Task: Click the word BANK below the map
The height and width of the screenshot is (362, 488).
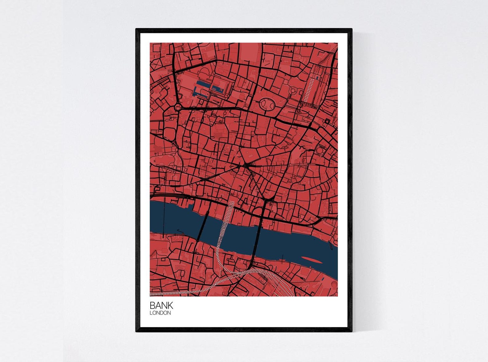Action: (161, 305)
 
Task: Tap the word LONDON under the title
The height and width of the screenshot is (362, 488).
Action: (160, 313)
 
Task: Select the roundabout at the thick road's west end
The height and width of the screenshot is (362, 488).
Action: (178, 107)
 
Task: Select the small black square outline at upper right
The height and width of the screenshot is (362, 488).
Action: (327, 121)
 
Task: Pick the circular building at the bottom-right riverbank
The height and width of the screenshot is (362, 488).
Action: (334, 284)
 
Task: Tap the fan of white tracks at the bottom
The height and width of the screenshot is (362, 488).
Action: (278, 283)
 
